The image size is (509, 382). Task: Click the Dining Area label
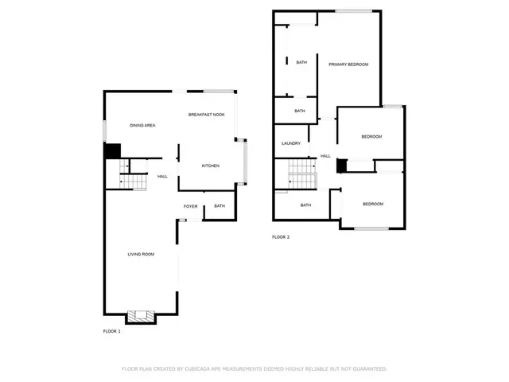(x=142, y=125)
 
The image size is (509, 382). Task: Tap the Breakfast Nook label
(x=206, y=115)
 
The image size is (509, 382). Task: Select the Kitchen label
(x=210, y=166)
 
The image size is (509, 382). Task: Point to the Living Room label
(x=141, y=254)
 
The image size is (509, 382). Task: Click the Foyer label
(x=191, y=206)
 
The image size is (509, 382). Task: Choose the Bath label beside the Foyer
(x=219, y=206)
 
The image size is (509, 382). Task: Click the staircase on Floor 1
(x=134, y=182)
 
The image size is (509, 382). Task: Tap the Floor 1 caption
(x=112, y=330)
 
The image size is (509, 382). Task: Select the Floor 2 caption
(x=281, y=237)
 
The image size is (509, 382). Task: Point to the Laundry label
(x=291, y=143)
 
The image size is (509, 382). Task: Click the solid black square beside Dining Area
(x=112, y=150)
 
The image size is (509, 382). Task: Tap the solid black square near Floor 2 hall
(x=341, y=166)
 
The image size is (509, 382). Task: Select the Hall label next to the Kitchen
(x=162, y=176)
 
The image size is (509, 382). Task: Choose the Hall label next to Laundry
(x=325, y=155)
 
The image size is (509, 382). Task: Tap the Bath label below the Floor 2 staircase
(x=305, y=205)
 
